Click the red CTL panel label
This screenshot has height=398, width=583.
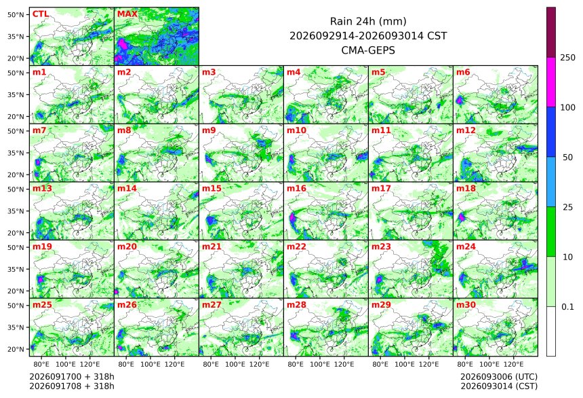coord(40,14)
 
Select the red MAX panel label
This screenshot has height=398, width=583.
coord(127,14)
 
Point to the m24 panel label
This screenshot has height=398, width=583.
coord(466,247)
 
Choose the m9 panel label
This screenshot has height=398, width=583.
coord(209,130)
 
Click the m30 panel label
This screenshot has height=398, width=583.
coord(466,305)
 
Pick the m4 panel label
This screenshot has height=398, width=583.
coord(294,72)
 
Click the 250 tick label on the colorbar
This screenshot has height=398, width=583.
coord(567,58)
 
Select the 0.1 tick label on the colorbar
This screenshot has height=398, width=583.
coord(567,307)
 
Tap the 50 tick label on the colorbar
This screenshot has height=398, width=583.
coord(567,158)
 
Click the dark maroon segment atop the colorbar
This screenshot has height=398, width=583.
coord(551,32)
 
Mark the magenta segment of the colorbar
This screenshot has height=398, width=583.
coord(551,82)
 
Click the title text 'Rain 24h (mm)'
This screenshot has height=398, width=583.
coord(368,22)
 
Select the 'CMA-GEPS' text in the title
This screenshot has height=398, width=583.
coord(368,50)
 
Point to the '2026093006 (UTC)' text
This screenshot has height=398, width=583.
coord(499,377)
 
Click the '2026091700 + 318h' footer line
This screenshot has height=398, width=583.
coord(72,377)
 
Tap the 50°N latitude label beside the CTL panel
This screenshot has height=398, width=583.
coord(16,14)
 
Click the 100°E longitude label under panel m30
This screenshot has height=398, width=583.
coord(489,364)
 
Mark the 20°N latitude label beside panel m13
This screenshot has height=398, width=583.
coord(16,233)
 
